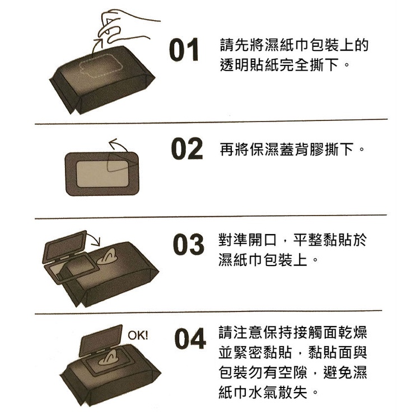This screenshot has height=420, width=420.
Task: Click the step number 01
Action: pos(184,50)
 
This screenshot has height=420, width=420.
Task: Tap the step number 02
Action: pos(186,148)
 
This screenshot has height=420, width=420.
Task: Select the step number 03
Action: pos(188,244)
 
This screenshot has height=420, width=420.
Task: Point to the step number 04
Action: pos(190,338)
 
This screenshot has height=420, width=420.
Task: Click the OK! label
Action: pos(138,335)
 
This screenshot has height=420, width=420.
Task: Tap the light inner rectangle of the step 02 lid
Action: pos(102,174)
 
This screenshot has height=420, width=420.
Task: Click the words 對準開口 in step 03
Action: pos(247,240)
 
